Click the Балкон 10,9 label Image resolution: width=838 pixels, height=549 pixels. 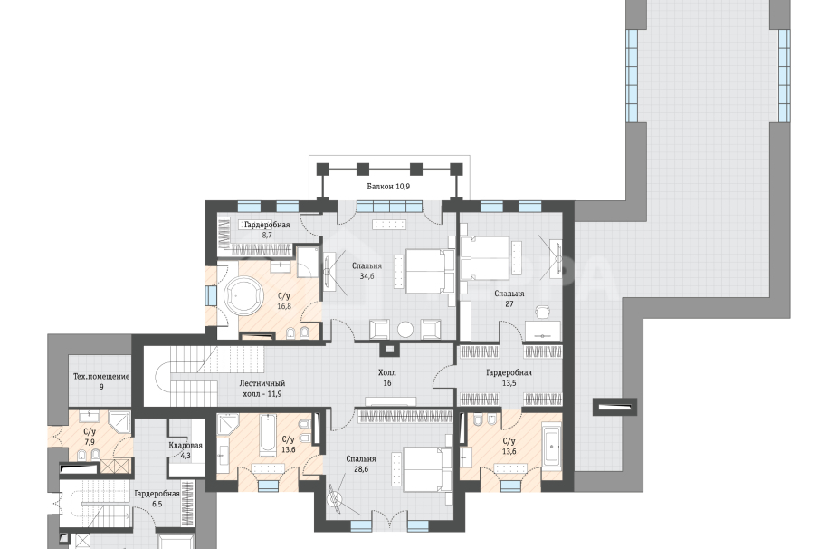pos(388,187)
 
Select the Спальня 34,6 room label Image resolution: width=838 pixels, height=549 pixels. pos(367,271)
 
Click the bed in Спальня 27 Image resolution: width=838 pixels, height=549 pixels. pos(485,258)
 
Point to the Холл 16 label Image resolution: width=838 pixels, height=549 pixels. pos(387,378)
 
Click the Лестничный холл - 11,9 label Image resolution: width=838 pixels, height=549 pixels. pos(262,388)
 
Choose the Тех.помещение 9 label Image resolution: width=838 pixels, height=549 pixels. pos(101,381)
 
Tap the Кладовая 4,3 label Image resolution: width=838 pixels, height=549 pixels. pos(186,450)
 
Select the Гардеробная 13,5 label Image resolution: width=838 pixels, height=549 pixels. pos(509,378)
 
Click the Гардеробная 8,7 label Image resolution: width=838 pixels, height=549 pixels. pos(267,229)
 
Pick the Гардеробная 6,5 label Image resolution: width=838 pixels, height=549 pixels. pos(157,498)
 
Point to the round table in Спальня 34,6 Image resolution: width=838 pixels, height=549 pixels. pos(405,329)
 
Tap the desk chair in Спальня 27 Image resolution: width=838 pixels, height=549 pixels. pos(543,312)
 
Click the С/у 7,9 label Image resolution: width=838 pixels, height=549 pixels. pos(90,437)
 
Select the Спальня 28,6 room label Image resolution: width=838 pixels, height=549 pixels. pos(361,464)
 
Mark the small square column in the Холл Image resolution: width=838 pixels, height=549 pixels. pos(389,350)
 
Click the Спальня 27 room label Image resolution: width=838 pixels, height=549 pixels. pos(509,299)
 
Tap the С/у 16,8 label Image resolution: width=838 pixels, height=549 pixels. pos(284,301)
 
